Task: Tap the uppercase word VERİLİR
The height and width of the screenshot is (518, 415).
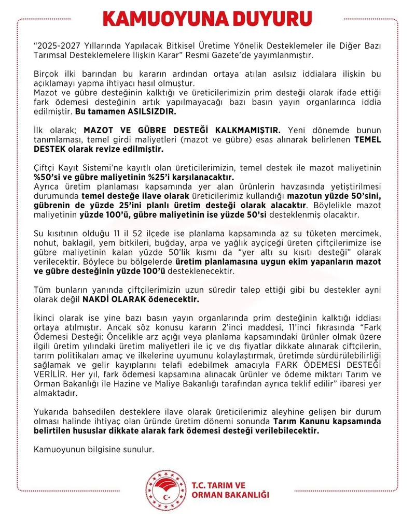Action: click(50, 374)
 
